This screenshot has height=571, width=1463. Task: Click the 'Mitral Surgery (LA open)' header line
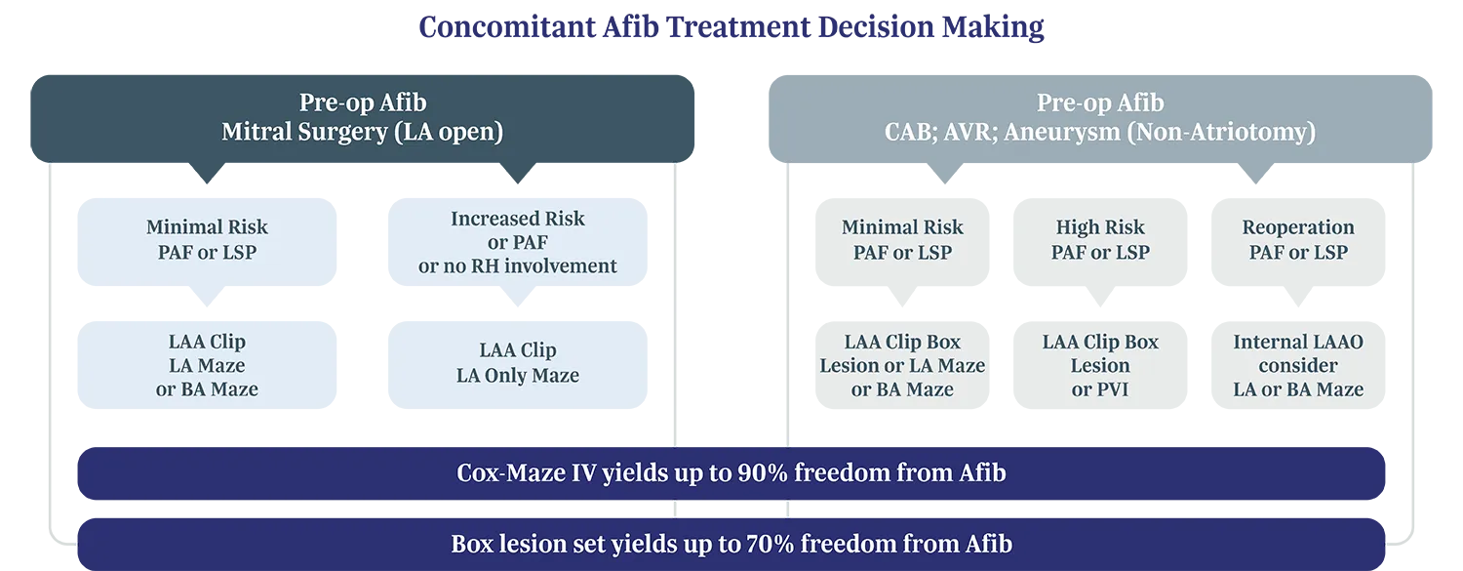[362, 132]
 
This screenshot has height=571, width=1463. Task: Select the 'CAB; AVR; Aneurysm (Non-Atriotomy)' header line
[1099, 132]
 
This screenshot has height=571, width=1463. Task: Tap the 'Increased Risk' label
[517, 219]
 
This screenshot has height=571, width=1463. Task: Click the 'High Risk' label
[1100, 227]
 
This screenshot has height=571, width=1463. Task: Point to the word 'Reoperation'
[1298, 227]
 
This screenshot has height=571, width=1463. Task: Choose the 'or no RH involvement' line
[517, 265]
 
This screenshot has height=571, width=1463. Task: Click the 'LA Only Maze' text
[517, 376]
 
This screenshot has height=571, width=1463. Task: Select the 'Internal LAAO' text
[1298, 342]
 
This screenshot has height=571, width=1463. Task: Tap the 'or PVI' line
[1100, 389]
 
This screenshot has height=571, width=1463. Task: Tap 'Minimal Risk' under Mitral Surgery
[207, 227]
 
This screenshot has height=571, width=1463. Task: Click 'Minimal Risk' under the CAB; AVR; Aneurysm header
[902, 227]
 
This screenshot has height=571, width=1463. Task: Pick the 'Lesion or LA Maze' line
[902, 366]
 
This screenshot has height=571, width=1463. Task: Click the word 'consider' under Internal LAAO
[1298, 366]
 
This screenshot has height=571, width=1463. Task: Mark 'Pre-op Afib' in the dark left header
[362, 102]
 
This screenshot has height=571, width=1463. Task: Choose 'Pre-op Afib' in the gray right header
[1099, 102]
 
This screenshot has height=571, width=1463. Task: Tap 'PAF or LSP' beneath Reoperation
[1298, 253]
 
